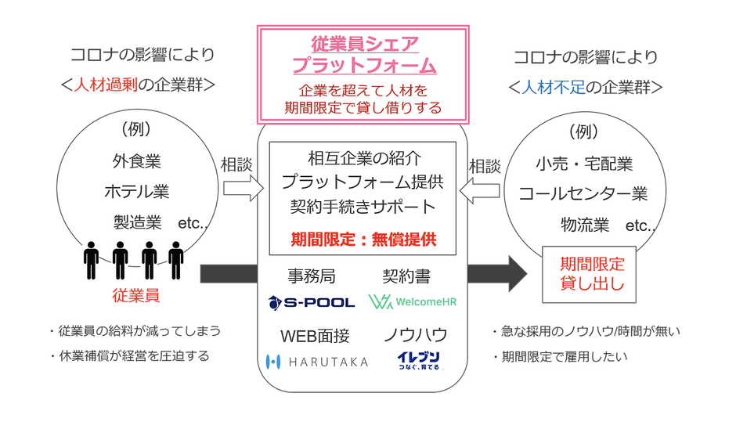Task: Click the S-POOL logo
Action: (x=311, y=301)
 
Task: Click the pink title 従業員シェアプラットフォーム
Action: (x=363, y=54)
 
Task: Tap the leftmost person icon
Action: (x=92, y=259)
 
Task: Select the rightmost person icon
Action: (x=176, y=259)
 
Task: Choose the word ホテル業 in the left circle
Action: (x=137, y=192)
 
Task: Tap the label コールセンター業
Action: (x=583, y=193)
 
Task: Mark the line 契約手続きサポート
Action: (x=363, y=207)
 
